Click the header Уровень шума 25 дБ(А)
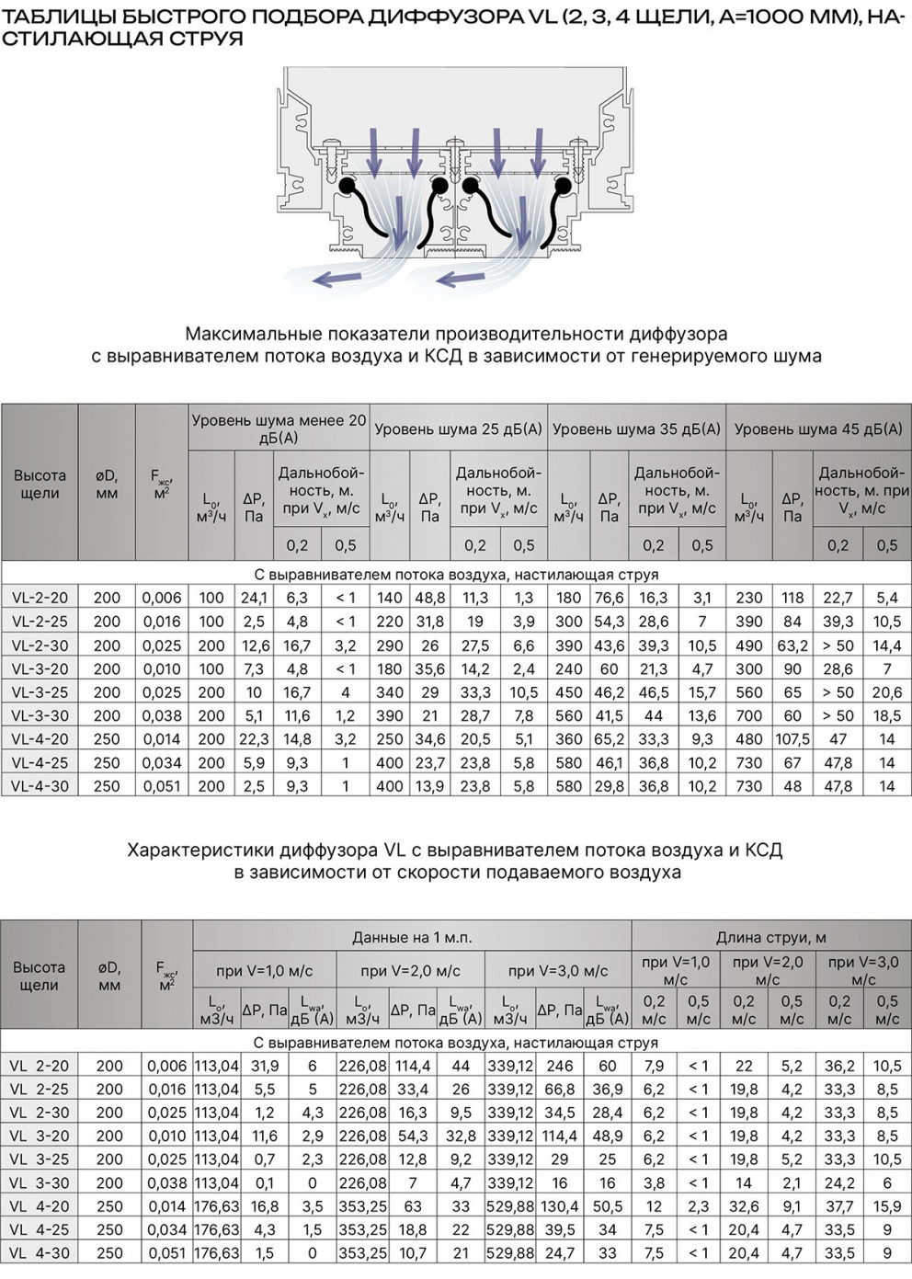[x=458, y=428]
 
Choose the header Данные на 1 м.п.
[x=412, y=937]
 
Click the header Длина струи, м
[x=770, y=937]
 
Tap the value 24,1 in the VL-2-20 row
[x=254, y=598]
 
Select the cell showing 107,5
[x=792, y=738]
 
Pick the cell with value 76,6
[x=609, y=598]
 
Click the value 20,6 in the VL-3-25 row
[x=886, y=692]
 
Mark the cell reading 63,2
[x=792, y=645]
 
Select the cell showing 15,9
[x=886, y=1205]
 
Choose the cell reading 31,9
[x=265, y=1066]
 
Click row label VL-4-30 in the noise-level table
[x=40, y=786]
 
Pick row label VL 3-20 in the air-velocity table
[x=40, y=1136]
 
